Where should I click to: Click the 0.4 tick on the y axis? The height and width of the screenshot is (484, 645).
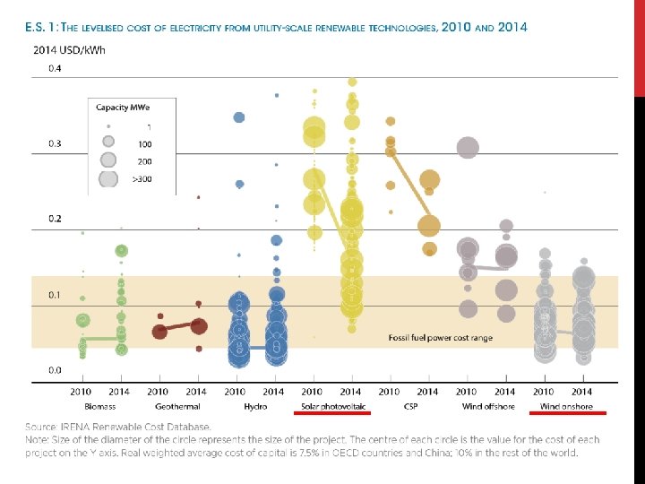point(56,68)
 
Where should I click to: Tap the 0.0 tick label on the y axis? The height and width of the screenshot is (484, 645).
point(56,369)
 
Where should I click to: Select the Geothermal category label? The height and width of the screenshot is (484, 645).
point(176,406)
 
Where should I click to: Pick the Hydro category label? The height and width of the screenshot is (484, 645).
point(254,406)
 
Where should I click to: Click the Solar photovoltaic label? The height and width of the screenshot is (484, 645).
point(332,406)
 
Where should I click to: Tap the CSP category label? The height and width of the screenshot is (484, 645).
point(408,406)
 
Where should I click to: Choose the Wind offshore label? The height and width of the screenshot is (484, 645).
point(486,406)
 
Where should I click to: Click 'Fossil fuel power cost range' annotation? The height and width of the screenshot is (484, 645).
point(440,338)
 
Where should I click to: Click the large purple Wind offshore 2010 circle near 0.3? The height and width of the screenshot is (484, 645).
point(467,147)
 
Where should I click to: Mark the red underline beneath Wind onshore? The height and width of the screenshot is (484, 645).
point(568,414)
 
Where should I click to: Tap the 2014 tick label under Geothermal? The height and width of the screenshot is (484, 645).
point(196,392)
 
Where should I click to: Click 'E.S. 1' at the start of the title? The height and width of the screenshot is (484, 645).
point(41,27)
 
